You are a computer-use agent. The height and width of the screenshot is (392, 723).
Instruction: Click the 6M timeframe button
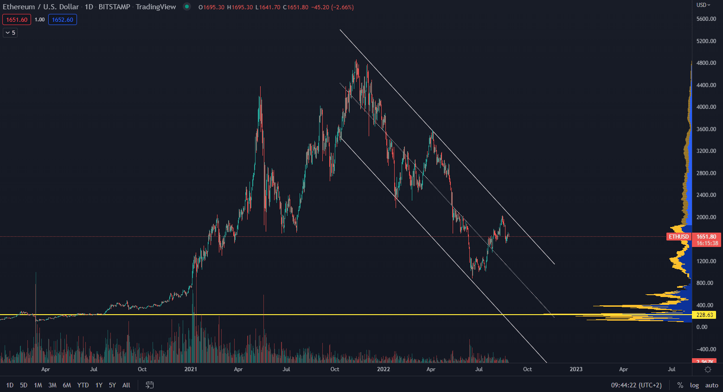click(67, 385)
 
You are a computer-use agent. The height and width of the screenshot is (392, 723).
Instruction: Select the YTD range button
click(83, 385)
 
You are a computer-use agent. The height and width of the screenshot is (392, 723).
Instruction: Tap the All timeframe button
click(126, 385)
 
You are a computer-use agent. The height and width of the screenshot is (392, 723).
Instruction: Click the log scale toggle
click(694, 385)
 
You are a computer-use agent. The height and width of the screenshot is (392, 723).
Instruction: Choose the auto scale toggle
click(711, 385)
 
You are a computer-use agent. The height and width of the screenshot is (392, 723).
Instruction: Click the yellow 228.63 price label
click(704, 315)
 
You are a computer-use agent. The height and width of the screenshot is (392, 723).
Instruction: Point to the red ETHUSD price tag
click(678, 237)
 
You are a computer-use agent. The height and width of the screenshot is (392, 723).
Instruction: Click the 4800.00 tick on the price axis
click(706, 63)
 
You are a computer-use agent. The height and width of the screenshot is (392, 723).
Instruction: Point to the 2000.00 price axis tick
click(706, 217)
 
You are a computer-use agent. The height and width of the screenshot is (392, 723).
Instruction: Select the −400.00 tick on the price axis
click(706, 349)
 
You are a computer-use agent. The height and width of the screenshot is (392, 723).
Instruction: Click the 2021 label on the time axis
click(191, 369)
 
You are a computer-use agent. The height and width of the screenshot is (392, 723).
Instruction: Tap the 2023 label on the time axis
click(576, 369)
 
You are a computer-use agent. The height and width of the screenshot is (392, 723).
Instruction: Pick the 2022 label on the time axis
click(384, 369)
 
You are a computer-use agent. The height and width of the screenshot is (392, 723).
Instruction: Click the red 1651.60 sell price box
click(17, 19)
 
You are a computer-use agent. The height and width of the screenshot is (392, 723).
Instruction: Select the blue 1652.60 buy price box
click(63, 19)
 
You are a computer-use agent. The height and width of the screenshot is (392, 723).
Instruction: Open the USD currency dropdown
click(703, 5)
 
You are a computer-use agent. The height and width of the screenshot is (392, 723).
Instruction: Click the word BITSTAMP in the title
click(114, 7)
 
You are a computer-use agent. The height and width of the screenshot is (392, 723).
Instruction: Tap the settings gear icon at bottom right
click(708, 369)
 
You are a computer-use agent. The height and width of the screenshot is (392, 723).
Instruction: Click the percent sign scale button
click(680, 385)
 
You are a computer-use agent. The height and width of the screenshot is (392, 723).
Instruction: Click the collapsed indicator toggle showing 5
click(10, 32)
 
